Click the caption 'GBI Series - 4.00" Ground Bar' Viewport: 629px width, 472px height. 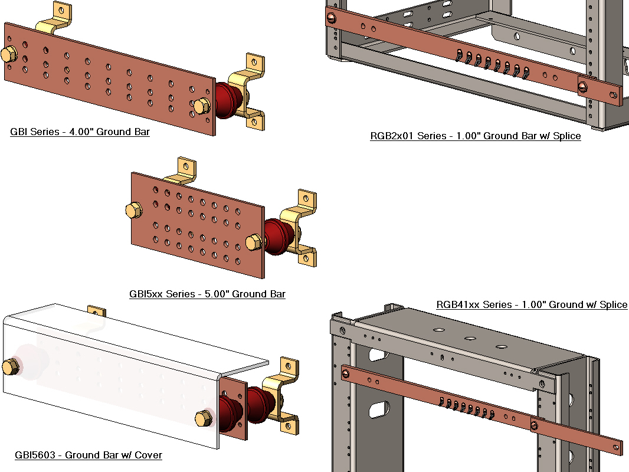pyautogui.click(x=80, y=132)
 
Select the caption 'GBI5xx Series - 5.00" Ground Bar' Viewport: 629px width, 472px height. pyautogui.click(x=207, y=294)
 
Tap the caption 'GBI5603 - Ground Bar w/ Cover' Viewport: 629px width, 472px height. pyautogui.click(x=88, y=455)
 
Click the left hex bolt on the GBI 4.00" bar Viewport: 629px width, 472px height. pyautogui.click(x=8, y=54)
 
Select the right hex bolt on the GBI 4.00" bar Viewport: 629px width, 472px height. pyautogui.click(x=201, y=106)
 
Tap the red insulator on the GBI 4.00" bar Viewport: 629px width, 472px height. pyautogui.click(x=225, y=101)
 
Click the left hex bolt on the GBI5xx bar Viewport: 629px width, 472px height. pyautogui.click(x=133, y=210)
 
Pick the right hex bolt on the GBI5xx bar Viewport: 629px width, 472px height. pyautogui.click(x=253, y=242)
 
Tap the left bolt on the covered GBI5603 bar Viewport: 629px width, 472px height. pyautogui.click(x=10, y=366)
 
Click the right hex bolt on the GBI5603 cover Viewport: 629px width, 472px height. pyautogui.click(x=204, y=418)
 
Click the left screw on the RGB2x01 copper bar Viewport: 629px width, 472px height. pyautogui.click(x=331, y=18)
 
